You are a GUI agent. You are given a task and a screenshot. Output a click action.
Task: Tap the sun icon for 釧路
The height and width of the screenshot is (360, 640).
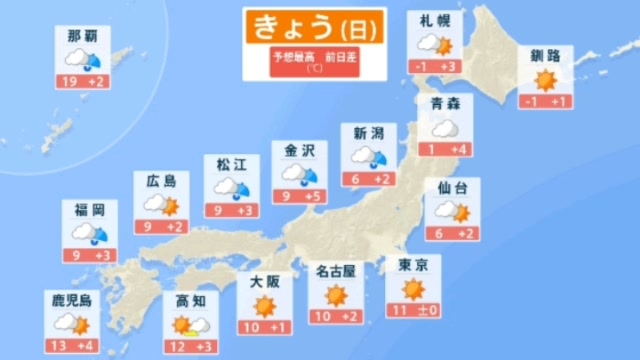pos(545,79)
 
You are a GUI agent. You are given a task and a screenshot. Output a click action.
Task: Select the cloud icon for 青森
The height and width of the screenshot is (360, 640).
pos(445,129)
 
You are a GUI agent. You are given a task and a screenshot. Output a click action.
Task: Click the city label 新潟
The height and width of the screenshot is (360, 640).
pos(368,133)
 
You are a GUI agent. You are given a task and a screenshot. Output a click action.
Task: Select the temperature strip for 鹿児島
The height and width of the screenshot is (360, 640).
pos(71,346)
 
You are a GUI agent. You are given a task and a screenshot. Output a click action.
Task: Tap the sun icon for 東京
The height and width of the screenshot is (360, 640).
pos(412,290)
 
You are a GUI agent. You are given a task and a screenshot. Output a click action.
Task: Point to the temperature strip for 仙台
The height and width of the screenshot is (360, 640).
pos(451,234)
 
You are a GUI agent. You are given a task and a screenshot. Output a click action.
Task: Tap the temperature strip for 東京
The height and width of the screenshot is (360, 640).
pos(412,311)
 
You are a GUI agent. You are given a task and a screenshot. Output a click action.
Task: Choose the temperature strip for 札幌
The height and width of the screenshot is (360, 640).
pos(434,67)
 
